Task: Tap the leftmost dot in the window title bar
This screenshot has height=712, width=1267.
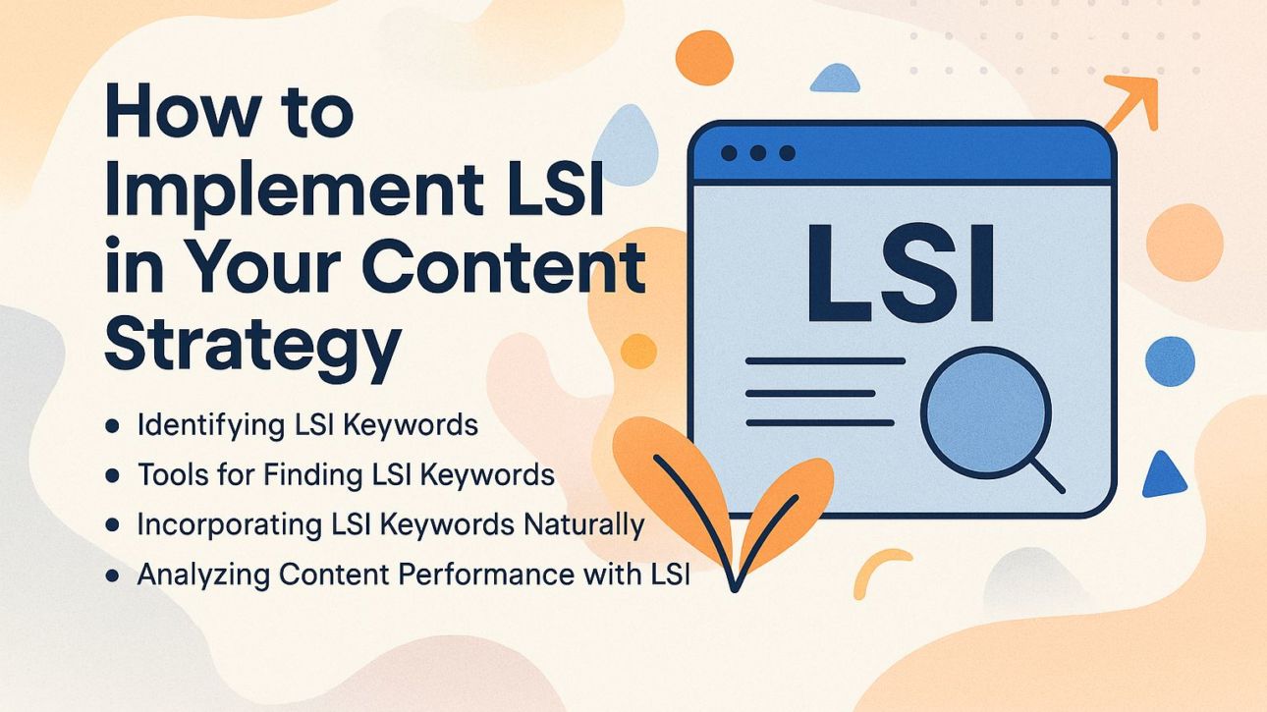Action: (x=729, y=154)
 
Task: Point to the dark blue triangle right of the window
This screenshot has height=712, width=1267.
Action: (x=1165, y=474)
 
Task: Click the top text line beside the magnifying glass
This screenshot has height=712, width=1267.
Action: (x=825, y=361)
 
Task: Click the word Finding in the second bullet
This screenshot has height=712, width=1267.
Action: (x=311, y=475)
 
